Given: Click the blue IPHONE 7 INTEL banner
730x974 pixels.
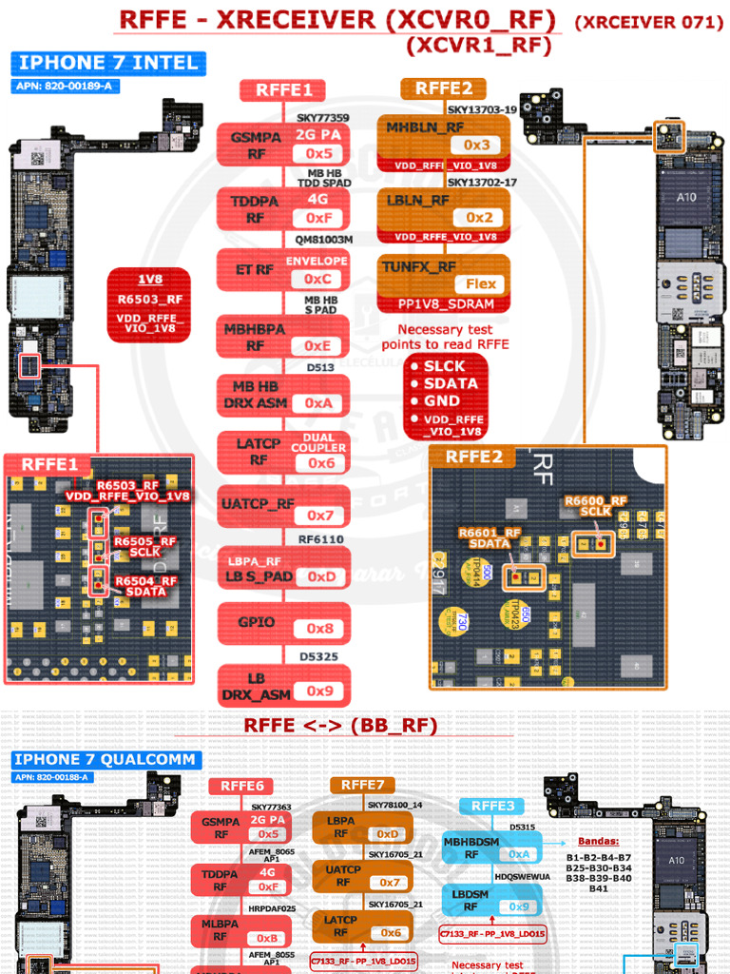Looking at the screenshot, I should tap(108, 64).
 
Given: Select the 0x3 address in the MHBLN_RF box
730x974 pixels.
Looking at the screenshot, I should tap(476, 145).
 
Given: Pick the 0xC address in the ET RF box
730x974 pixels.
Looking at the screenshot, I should tap(317, 279).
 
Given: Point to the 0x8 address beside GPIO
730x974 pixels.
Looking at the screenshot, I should tap(319, 629).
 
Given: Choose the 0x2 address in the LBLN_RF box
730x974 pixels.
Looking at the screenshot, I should tap(478, 218).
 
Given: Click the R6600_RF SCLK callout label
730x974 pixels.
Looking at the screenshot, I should tap(595, 506).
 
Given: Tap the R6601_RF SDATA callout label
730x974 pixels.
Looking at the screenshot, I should tap(489, 538).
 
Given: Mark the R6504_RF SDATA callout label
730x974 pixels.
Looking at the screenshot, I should tap(145, 586).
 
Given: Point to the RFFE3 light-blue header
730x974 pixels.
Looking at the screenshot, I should tap(493, 806).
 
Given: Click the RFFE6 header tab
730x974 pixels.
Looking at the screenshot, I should tap(242, 786).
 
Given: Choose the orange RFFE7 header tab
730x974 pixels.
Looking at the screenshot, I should tap(362, 785).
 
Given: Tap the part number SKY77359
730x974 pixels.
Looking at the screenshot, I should tap(322, 118).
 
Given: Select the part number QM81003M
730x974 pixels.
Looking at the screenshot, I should tap(323, 240).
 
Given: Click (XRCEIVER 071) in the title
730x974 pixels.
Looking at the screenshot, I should tap(649, 22).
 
